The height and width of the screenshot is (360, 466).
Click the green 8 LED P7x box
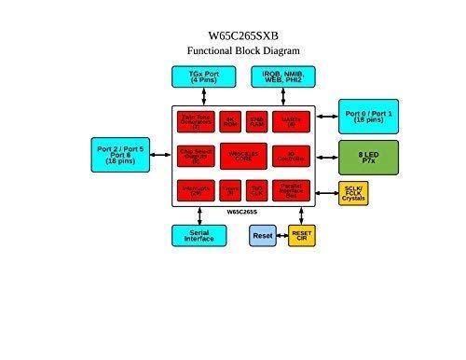[367, 153]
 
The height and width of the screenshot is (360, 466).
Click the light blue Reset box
[263, 237]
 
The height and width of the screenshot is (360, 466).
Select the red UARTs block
[291, 121]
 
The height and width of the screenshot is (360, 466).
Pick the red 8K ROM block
[230, 121]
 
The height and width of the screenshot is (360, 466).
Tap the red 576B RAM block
[257, 121]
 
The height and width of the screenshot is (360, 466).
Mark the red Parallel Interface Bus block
[291, 190]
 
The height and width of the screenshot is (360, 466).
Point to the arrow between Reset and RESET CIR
[281, 237]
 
